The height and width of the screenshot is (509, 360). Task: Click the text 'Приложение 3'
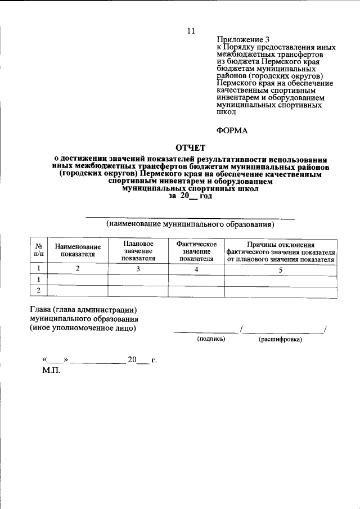coord(240,39)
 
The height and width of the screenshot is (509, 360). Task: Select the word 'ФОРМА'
coord(232,130)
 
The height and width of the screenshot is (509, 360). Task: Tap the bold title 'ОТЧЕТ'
coord(191,148)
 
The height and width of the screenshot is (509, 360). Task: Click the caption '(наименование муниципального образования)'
coord(190,224)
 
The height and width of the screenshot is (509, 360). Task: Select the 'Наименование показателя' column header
coord(78,250)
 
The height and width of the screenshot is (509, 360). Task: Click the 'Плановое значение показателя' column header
coord(138,251)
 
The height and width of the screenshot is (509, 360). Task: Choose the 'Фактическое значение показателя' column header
coord(196,251)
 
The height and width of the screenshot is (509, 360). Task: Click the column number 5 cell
coord(280,269)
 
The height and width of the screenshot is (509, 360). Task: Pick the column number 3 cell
coord(138,269)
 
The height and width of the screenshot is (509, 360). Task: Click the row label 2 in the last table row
coord(39,290)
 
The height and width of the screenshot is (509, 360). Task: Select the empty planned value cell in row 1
coord(138,280)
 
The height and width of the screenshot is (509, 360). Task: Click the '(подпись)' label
coord(211,340)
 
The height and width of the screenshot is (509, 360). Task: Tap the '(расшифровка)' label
coord(280,340)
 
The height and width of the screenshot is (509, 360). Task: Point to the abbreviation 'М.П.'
coord(51,371)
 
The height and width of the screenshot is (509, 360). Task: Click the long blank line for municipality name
coord(190,217)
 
